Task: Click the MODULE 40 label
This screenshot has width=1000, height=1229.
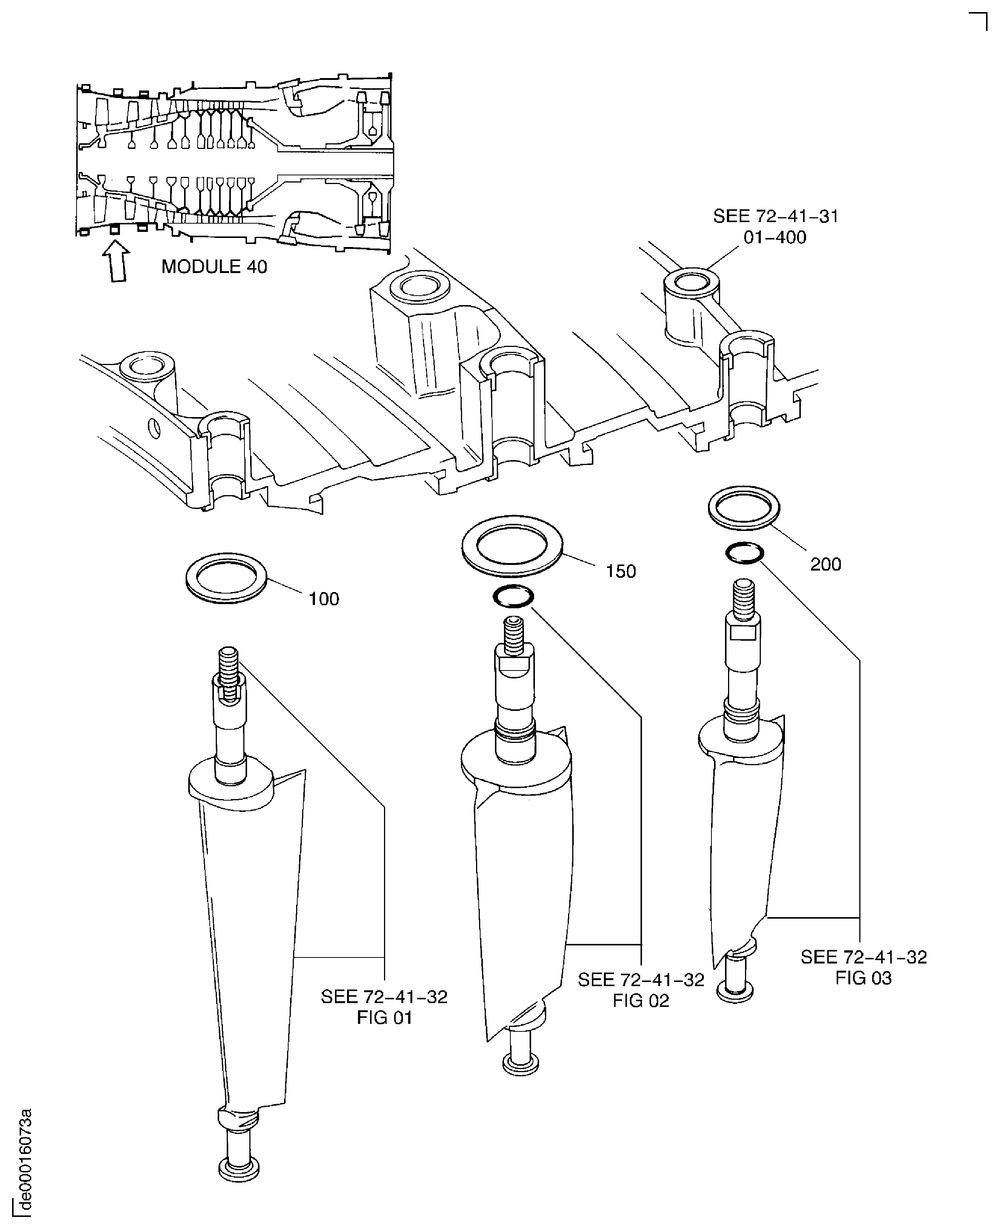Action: (214, 267)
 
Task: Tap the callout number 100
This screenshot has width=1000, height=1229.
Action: (324, 599)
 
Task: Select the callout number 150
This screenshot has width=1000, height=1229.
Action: (621, 571)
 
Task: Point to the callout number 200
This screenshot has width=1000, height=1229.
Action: (825, 565)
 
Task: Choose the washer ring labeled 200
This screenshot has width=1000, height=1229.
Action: (743, 507)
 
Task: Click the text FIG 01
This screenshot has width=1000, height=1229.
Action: (384, 1018)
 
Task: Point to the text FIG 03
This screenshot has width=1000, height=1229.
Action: (863, 977)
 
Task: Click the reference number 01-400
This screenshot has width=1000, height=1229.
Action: (775, 237)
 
